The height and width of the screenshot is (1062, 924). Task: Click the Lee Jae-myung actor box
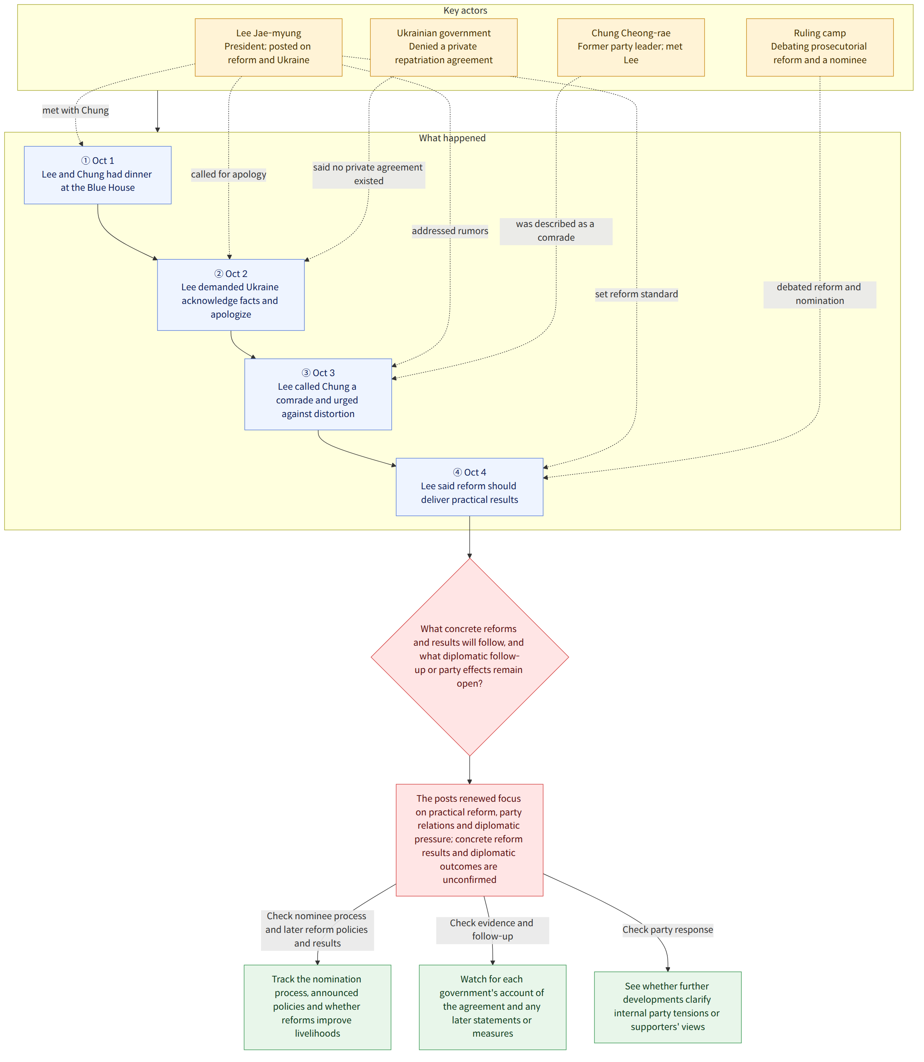[x=268, y=48]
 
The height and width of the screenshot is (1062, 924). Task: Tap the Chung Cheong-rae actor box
[x=631, y=48]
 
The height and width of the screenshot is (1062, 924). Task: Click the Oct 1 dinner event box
[x=98, y=175]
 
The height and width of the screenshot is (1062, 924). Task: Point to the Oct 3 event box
[x=318, y=394]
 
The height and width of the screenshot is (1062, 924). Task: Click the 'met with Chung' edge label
[x=75, y=110]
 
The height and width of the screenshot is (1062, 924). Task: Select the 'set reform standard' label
[x=636, y=294]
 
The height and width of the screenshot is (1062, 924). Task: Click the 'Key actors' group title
[x=465, y=10]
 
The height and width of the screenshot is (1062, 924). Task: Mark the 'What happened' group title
[x=452, y=138]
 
